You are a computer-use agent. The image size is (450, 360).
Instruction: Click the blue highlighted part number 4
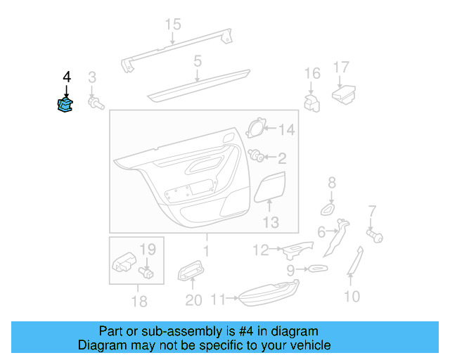pyautogui.click(x=65, y=105)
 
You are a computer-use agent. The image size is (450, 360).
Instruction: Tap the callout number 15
pyautogui.click(x=173, y=25)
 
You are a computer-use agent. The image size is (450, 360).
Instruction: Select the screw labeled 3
pyautogui.click(x=94, y=103)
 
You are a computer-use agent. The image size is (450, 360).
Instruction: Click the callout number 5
pyautogui.click(x=198, y=61)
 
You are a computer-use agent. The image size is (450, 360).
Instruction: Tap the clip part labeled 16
pyautogui.click(x=311, y=100)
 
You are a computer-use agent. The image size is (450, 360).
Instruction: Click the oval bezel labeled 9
pyautogui.click(x=315, y=269)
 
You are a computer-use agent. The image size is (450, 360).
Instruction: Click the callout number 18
pyautogui.click(x=139, y=302)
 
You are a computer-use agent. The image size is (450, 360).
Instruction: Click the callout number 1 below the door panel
pyautogui.click(x=205, y=250)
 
